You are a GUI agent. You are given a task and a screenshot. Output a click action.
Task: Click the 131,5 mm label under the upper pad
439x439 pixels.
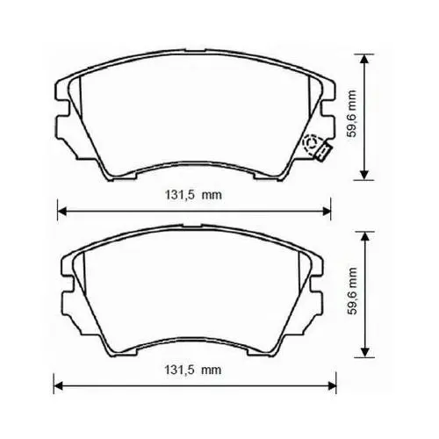(x=193, y=195)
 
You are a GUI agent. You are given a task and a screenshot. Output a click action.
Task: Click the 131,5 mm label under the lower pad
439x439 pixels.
(x=192, y=371)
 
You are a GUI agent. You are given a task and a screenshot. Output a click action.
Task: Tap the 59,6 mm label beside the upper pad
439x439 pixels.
(x=352, y=114)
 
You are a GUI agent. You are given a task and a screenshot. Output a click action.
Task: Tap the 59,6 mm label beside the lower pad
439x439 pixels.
(x=352, y=291)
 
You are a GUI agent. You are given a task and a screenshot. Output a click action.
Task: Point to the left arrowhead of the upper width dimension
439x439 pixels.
(x=62, y=211)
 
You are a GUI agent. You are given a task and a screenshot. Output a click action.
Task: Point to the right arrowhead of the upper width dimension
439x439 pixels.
(x=326, y=211)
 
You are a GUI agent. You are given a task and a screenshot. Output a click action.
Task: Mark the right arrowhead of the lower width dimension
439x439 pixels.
(x=331, y=385)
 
